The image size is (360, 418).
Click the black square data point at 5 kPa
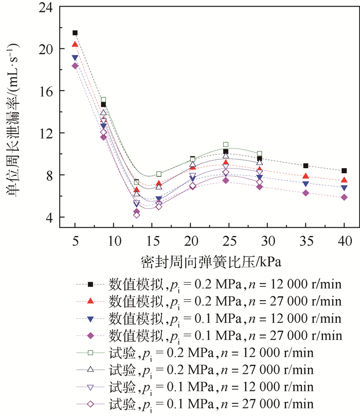pyautogui.click(x=75, y=33)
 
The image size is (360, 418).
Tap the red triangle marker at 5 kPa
pyautogui.click(x=75, y=45)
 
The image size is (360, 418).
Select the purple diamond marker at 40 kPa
pyautogui.click(x=344, y=197)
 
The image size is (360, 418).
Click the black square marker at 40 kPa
pyautogui.click(x=344, y=171)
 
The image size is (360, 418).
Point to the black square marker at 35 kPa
pyautogui.click(x=306, y=166)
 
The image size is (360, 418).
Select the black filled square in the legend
pyautogui.click(x=90, y=284)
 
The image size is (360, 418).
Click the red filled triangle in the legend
pyautogui.click(x=90, y=301)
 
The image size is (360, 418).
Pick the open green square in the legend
pyautogui.click(x=90, y=353)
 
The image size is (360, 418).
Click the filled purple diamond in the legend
pyautogui.click(x=90, y=335)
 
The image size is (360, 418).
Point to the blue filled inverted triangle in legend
pyautogui.click(x=90, y=318)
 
